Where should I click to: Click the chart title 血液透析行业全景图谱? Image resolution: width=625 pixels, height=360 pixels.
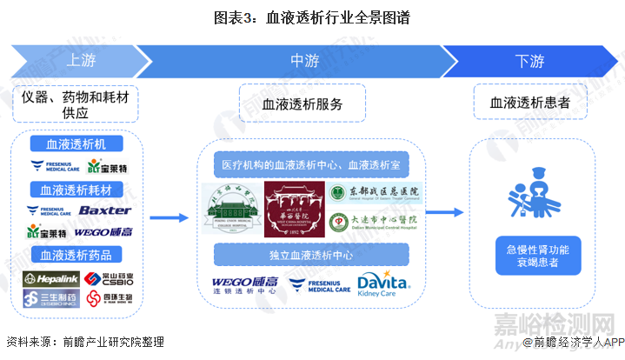(x=313, y=17)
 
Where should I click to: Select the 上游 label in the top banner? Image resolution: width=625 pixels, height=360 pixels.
(x=81, y=61)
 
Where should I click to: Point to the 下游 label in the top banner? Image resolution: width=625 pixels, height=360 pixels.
(x=529, y=61)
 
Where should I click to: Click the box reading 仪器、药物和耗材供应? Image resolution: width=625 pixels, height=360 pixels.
(x=76, y=104)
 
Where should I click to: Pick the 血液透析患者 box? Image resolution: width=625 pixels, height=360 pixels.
(x=530, y=103)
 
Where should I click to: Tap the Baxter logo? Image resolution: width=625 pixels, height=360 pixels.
(x=104, y=210)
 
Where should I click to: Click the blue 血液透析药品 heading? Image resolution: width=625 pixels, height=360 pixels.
(x=76, y=255)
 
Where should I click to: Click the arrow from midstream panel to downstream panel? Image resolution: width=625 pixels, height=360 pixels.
(x=444, y=212)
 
